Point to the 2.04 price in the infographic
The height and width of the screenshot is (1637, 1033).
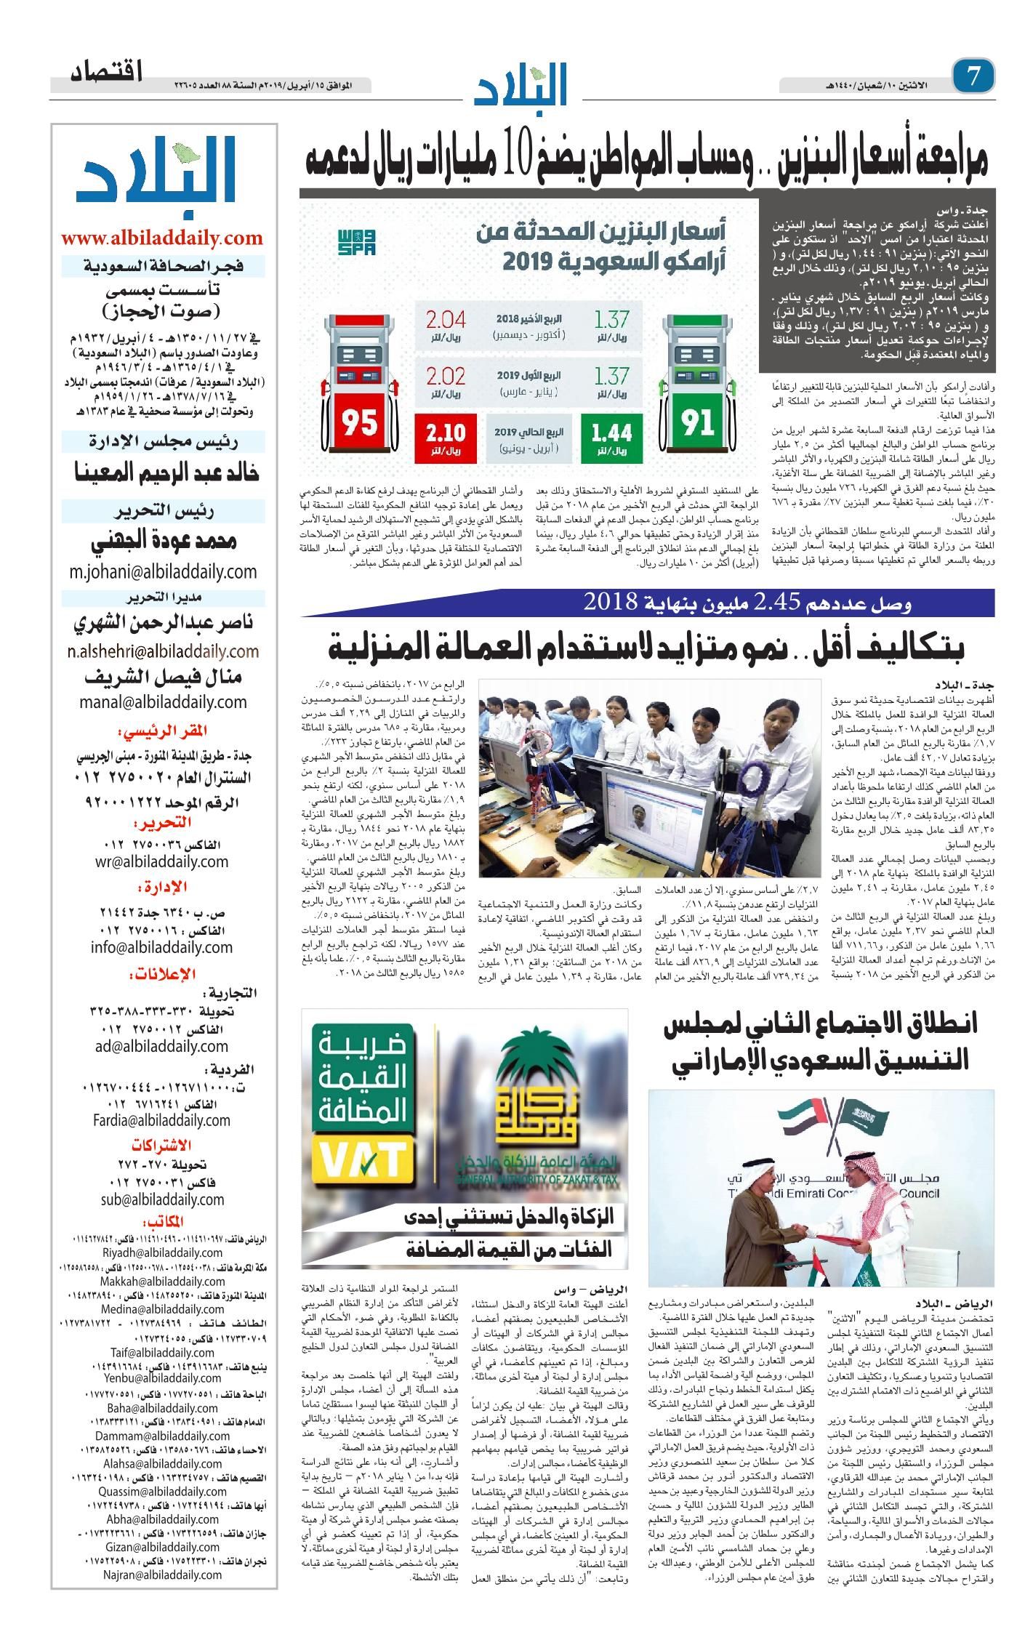tap(446, 321)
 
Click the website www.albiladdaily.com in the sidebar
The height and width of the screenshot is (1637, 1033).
tap(161, 238)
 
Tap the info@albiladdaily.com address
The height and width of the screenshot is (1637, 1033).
tap(161, 947)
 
